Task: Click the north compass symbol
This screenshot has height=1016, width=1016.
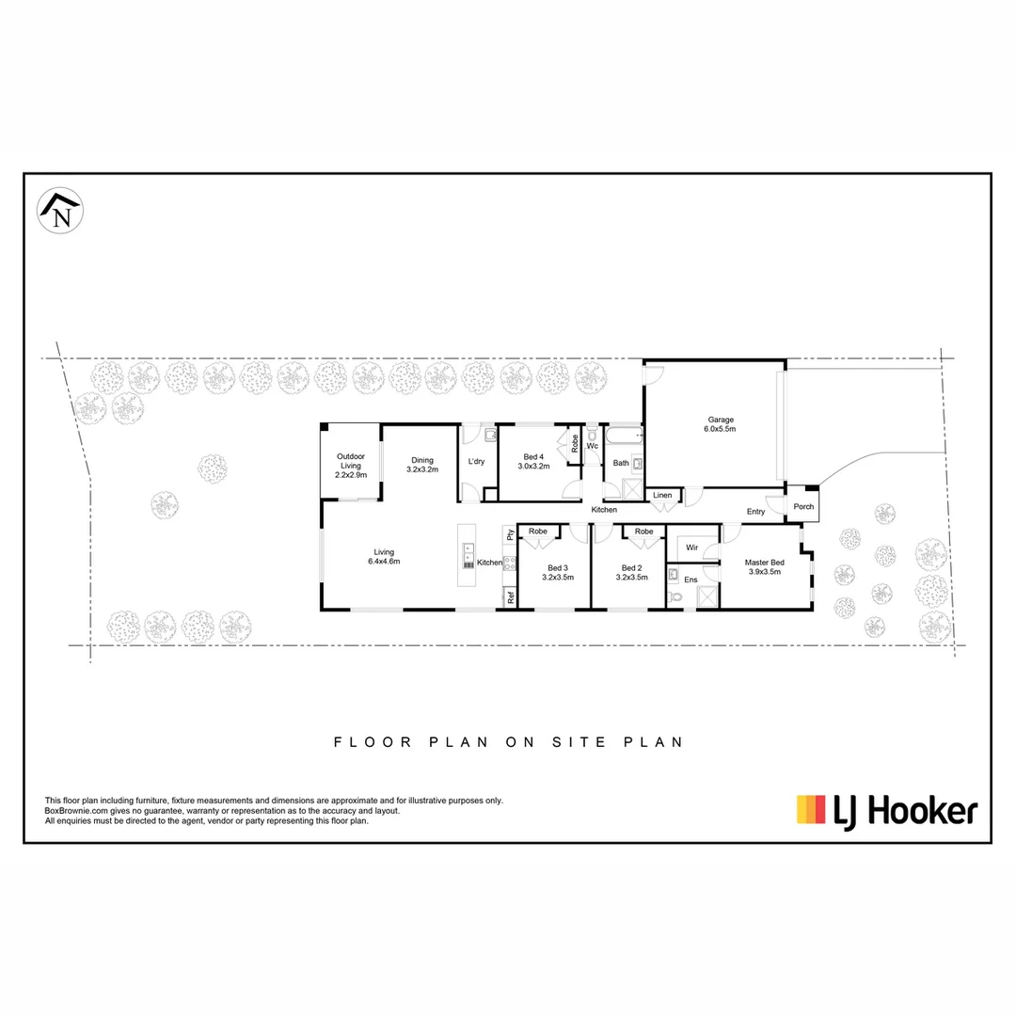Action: (60, 211)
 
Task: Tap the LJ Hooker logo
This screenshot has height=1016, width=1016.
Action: (887, 810)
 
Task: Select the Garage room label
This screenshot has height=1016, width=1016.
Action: (721, 424)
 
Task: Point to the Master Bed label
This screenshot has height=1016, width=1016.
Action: (764, 566)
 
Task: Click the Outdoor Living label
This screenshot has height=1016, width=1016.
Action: (350, 466)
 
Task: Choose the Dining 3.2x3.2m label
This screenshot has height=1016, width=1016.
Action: (422, 465)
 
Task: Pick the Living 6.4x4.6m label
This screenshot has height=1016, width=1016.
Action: (384, 557)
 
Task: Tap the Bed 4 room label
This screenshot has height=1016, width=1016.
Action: (534, 461)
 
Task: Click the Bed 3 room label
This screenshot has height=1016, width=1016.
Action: (557, 572)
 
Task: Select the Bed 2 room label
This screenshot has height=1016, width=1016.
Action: (631, 572)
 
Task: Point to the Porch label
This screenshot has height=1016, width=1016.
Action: (803, 506)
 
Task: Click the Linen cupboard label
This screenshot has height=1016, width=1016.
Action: (662, 495)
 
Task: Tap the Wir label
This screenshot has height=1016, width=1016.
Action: (691, 546)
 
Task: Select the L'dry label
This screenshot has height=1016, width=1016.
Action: (476, 461)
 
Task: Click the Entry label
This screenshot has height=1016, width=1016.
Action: (755, 512)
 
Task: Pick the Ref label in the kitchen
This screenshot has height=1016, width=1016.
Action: (511, 596)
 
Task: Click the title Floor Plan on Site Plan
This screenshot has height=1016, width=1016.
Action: (508, 742)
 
